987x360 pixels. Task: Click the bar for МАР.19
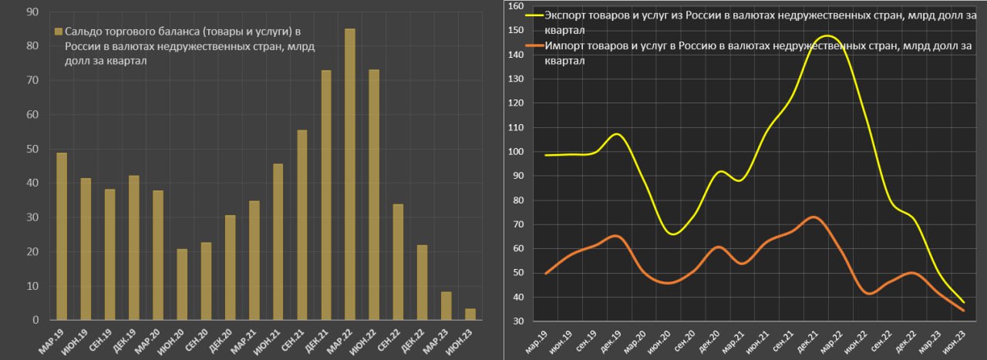click(x=62, y=236)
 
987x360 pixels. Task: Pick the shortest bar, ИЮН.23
click(x=470, y=315)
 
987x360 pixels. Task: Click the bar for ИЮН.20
click(x=182, y=284)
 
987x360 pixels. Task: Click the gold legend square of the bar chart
click(x=59, y=32)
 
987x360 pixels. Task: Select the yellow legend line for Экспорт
click(x=533, y=15)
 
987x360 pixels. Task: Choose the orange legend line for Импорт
click(x=533, y=46)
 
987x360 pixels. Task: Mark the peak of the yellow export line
click(x=827, y=36)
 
